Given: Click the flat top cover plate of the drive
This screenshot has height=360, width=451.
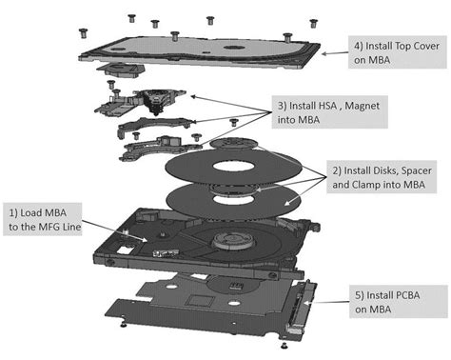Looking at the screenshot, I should (190, 48).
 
